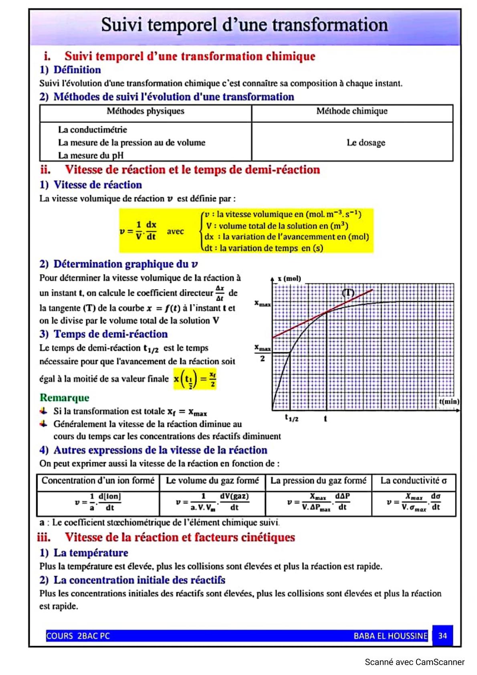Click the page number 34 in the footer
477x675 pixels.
tap(443, 636)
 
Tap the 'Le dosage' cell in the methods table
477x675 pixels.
tap(366, 143)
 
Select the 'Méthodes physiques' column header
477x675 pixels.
tap(146, 111)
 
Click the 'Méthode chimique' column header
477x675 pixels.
tap(352, 111)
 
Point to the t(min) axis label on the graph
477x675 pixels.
tap(449, 401)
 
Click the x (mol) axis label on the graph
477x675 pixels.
tap(289, 279)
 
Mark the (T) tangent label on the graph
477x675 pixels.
tap(348, 293)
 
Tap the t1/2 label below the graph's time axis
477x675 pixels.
tap(291, 418)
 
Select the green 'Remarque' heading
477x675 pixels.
tap(65, 398)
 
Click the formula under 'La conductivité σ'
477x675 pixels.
tap(414, 502)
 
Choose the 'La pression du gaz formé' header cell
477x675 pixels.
tap(318, 481)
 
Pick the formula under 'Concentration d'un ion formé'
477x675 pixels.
tap(98, 502)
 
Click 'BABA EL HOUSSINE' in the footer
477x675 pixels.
tap(390, 636)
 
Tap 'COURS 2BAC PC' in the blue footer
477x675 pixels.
tap(78, 636)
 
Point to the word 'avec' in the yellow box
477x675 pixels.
tap(175, 231)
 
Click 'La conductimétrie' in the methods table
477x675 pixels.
tap(93, 129)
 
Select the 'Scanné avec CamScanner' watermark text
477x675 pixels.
tap(414, 662)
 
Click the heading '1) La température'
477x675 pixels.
tap(84, 553)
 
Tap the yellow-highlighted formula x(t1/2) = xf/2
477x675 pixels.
tap(195, 379)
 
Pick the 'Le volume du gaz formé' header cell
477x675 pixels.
tap(212, 481)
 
